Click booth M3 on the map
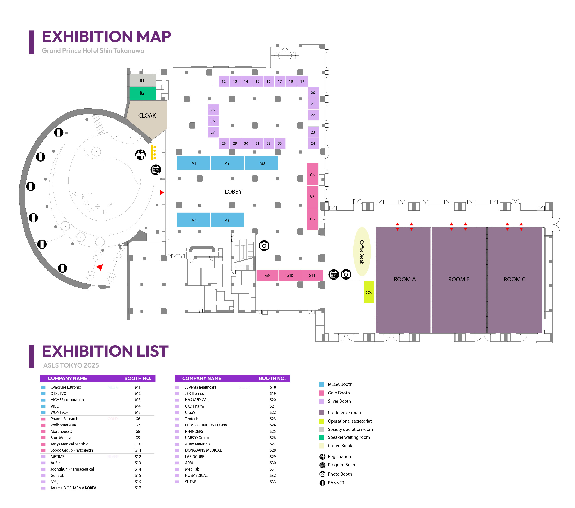pos(262,163)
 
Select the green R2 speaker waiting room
pos(142,93)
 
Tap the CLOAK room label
pos(147,116)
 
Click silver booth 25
pos(213,110)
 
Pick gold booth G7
pos(312,196)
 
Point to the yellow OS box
pos(369,292)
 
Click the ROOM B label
pos(459,279)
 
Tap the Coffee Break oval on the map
pos(362,252)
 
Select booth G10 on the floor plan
pos(290,275)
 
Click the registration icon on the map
pos(141,154)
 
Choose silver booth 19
pos(302,81)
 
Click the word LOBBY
pos(233,192)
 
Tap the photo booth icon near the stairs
pos(264,246)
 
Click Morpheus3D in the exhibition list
pos(61,431)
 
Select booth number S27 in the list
pos(273,444)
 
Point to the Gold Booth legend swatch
pos(322,393)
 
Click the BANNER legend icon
pos(322,483)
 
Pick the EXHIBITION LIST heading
pos(105,351)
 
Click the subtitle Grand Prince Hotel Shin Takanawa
pos(93,51)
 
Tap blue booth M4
pos(194,220)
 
